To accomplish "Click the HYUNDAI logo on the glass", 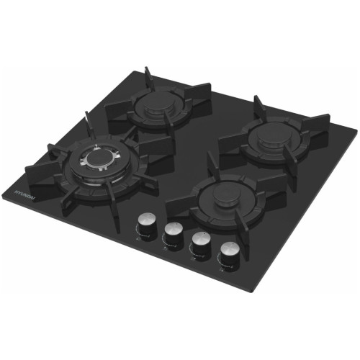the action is pos(24,196).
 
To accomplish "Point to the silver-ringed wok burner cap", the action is pos(99,159).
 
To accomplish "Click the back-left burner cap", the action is pos(157,105).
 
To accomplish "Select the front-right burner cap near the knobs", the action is pos(227,196).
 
